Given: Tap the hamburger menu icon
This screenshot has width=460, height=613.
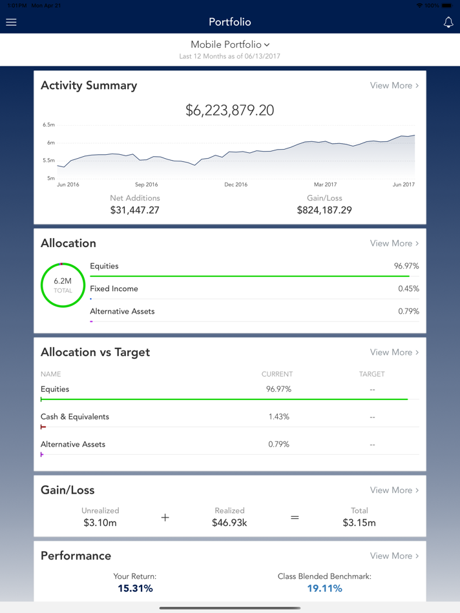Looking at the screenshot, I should [x=11, y=22].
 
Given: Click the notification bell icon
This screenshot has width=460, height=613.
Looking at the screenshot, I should [x=448, y=22].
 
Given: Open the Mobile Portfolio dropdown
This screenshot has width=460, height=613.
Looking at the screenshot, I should [x=230, y=45].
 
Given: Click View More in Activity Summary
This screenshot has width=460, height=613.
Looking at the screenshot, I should [x=394, y=85].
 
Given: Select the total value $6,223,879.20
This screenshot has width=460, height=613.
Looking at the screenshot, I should [x=230, y=110].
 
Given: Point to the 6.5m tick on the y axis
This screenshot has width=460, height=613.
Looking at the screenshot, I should [x=49, y=125].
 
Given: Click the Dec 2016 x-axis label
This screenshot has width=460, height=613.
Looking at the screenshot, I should [x=236, y=185].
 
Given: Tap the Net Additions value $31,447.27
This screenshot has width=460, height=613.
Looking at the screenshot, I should [x=134, y=210].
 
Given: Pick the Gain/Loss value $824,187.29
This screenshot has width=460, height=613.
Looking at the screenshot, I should [x=324, y=210].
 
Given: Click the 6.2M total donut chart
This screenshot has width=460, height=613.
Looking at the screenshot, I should [x=63, y=285].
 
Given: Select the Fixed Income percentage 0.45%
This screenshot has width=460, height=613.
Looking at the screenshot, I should [x=408, y=289].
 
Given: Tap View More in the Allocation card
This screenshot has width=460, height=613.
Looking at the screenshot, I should [x=394, y=243].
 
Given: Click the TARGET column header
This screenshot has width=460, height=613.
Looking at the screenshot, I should [x=371, y=374].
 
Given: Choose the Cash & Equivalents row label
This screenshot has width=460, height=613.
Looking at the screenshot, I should [x=75, y=417].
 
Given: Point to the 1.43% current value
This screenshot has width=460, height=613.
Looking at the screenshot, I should [x=278, y=417].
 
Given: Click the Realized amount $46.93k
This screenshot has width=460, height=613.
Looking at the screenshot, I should [x=229, y=523].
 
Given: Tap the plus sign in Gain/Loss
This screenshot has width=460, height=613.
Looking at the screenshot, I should [x=165, y=518].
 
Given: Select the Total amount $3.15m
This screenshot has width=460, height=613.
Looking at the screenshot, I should [x=359, y=523].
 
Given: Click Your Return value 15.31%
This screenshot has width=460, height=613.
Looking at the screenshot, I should [x=135, y=588].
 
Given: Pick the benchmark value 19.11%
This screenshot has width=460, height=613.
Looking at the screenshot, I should [x=324, y=588].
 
